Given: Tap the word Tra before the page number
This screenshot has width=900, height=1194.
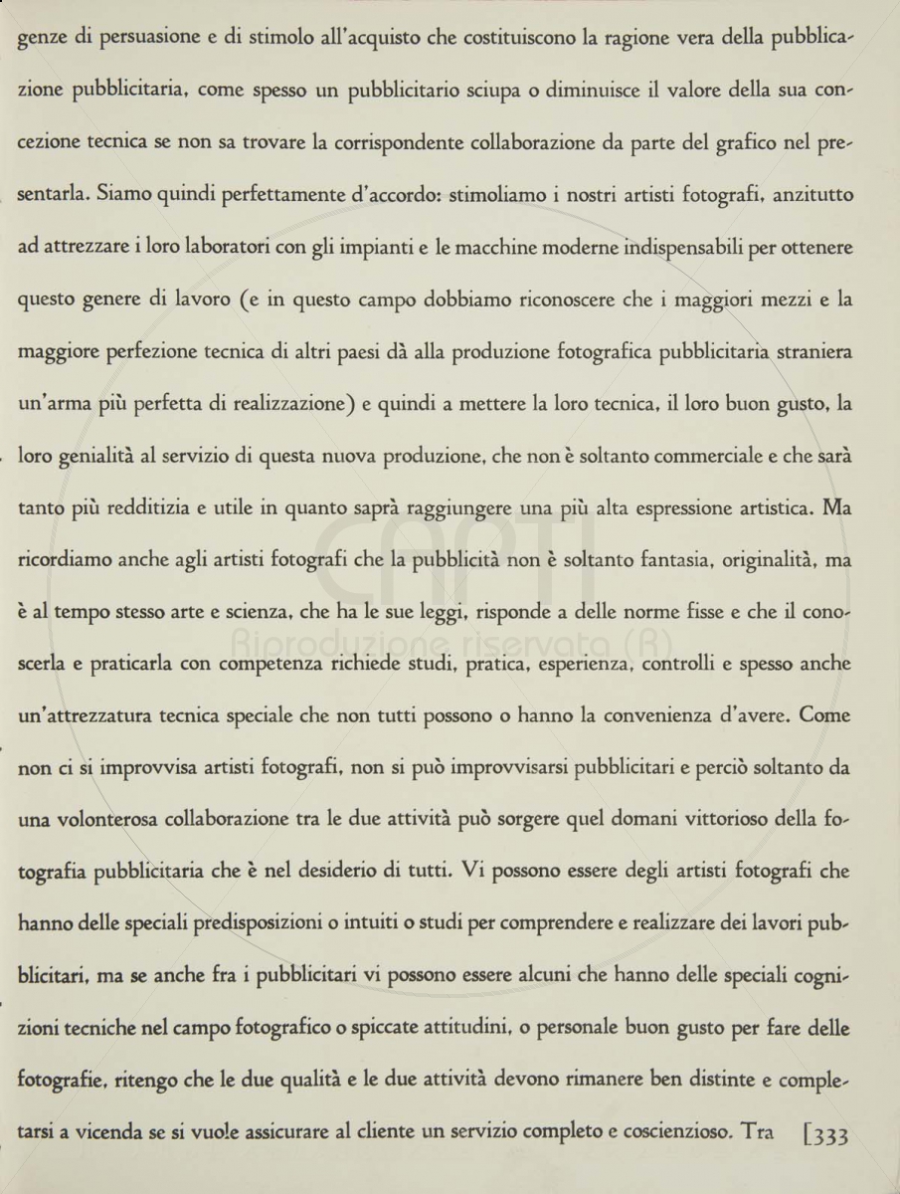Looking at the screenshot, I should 756,1135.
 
